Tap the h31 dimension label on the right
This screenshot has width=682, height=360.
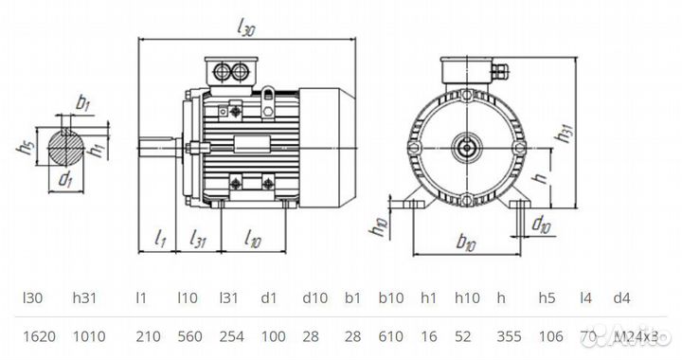[565, 135]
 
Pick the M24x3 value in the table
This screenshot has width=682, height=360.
[637, 335]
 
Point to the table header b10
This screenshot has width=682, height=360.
[389, 297]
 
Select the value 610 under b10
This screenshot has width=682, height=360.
[391, 335]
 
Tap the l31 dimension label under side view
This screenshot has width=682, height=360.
[198, 238]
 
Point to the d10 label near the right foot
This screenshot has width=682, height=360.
[541, 224]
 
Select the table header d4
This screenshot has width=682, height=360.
[619, 297]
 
